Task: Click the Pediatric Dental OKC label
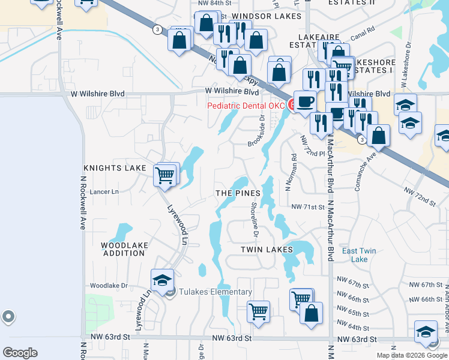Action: [x=246, y=106]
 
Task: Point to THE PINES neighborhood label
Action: [x=238, y=193]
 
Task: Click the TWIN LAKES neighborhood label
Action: [x=267, y=249]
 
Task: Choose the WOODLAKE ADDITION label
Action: [x=122, y=250]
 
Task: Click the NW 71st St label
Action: [x=307, y=206]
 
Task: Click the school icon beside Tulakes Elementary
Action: [x=162, y=281]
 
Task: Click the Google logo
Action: [x=20, y=353]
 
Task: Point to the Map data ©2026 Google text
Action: [x=411, y=355]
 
